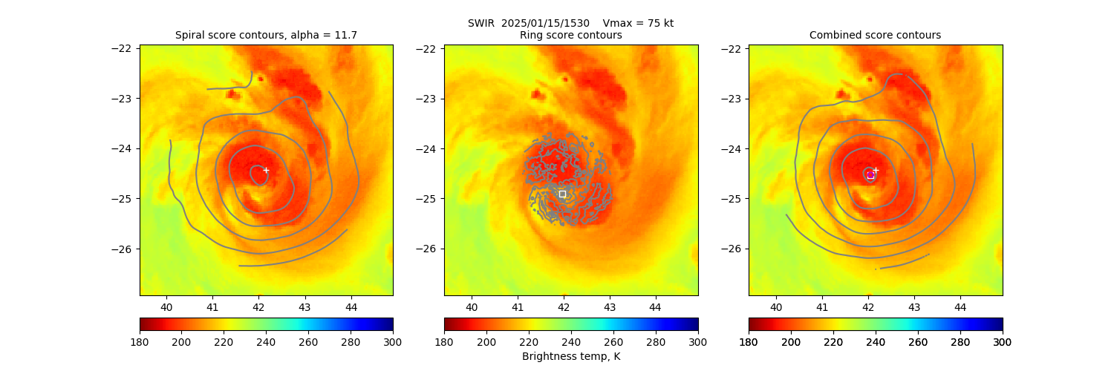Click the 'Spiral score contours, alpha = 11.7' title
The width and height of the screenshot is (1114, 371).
266,35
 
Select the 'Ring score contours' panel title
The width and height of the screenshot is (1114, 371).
570,35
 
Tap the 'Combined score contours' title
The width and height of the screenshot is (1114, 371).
875,35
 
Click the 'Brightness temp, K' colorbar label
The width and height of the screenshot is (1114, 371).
570,356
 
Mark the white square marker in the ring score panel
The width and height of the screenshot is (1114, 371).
562,194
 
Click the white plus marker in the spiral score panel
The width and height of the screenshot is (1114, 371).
266,170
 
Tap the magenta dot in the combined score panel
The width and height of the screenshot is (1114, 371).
870,174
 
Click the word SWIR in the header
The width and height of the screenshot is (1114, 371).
481,23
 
